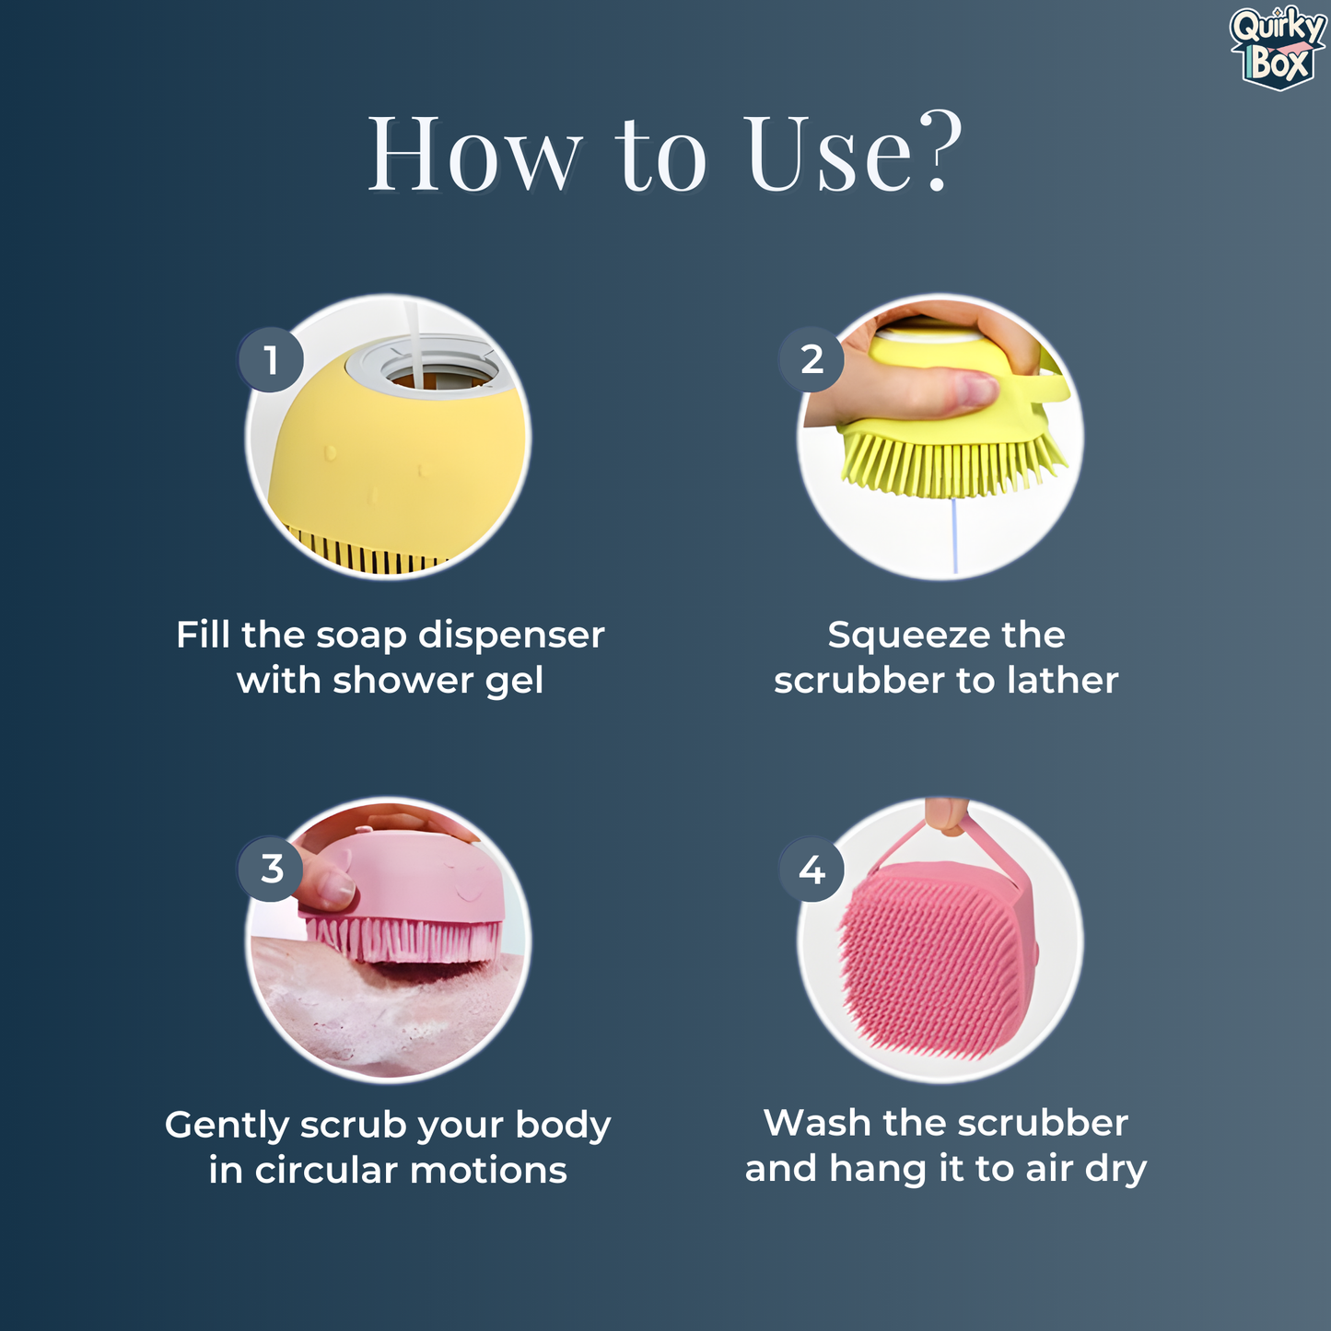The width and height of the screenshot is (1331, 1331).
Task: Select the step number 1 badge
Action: (x=271, y=360)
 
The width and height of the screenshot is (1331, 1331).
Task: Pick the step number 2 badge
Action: (x=811, y=360)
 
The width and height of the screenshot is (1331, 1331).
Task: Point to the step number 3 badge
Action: (x=271, y=869)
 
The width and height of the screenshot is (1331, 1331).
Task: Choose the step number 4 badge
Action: (x=811, y=870)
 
